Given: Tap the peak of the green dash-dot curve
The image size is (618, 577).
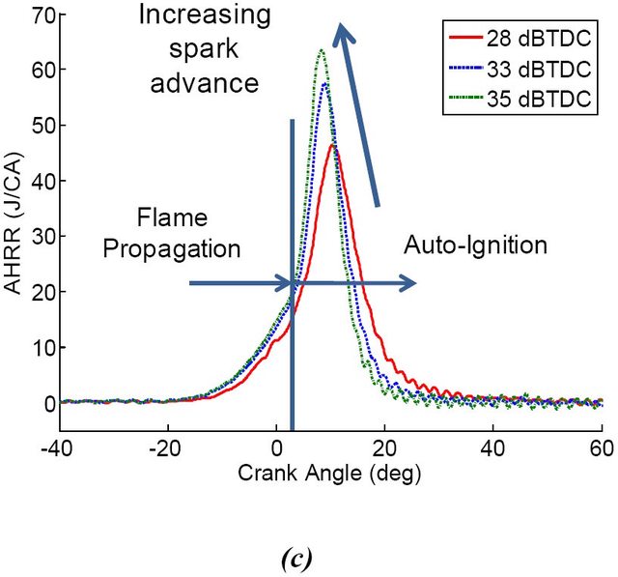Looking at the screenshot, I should [321, 50].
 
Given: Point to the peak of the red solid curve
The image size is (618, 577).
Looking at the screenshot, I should [334, 145].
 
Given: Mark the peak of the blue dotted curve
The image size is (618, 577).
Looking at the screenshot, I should [325, 84].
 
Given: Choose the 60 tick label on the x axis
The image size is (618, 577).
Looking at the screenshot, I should [602, 447].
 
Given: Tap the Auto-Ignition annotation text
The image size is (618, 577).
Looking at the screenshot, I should [475, 245].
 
